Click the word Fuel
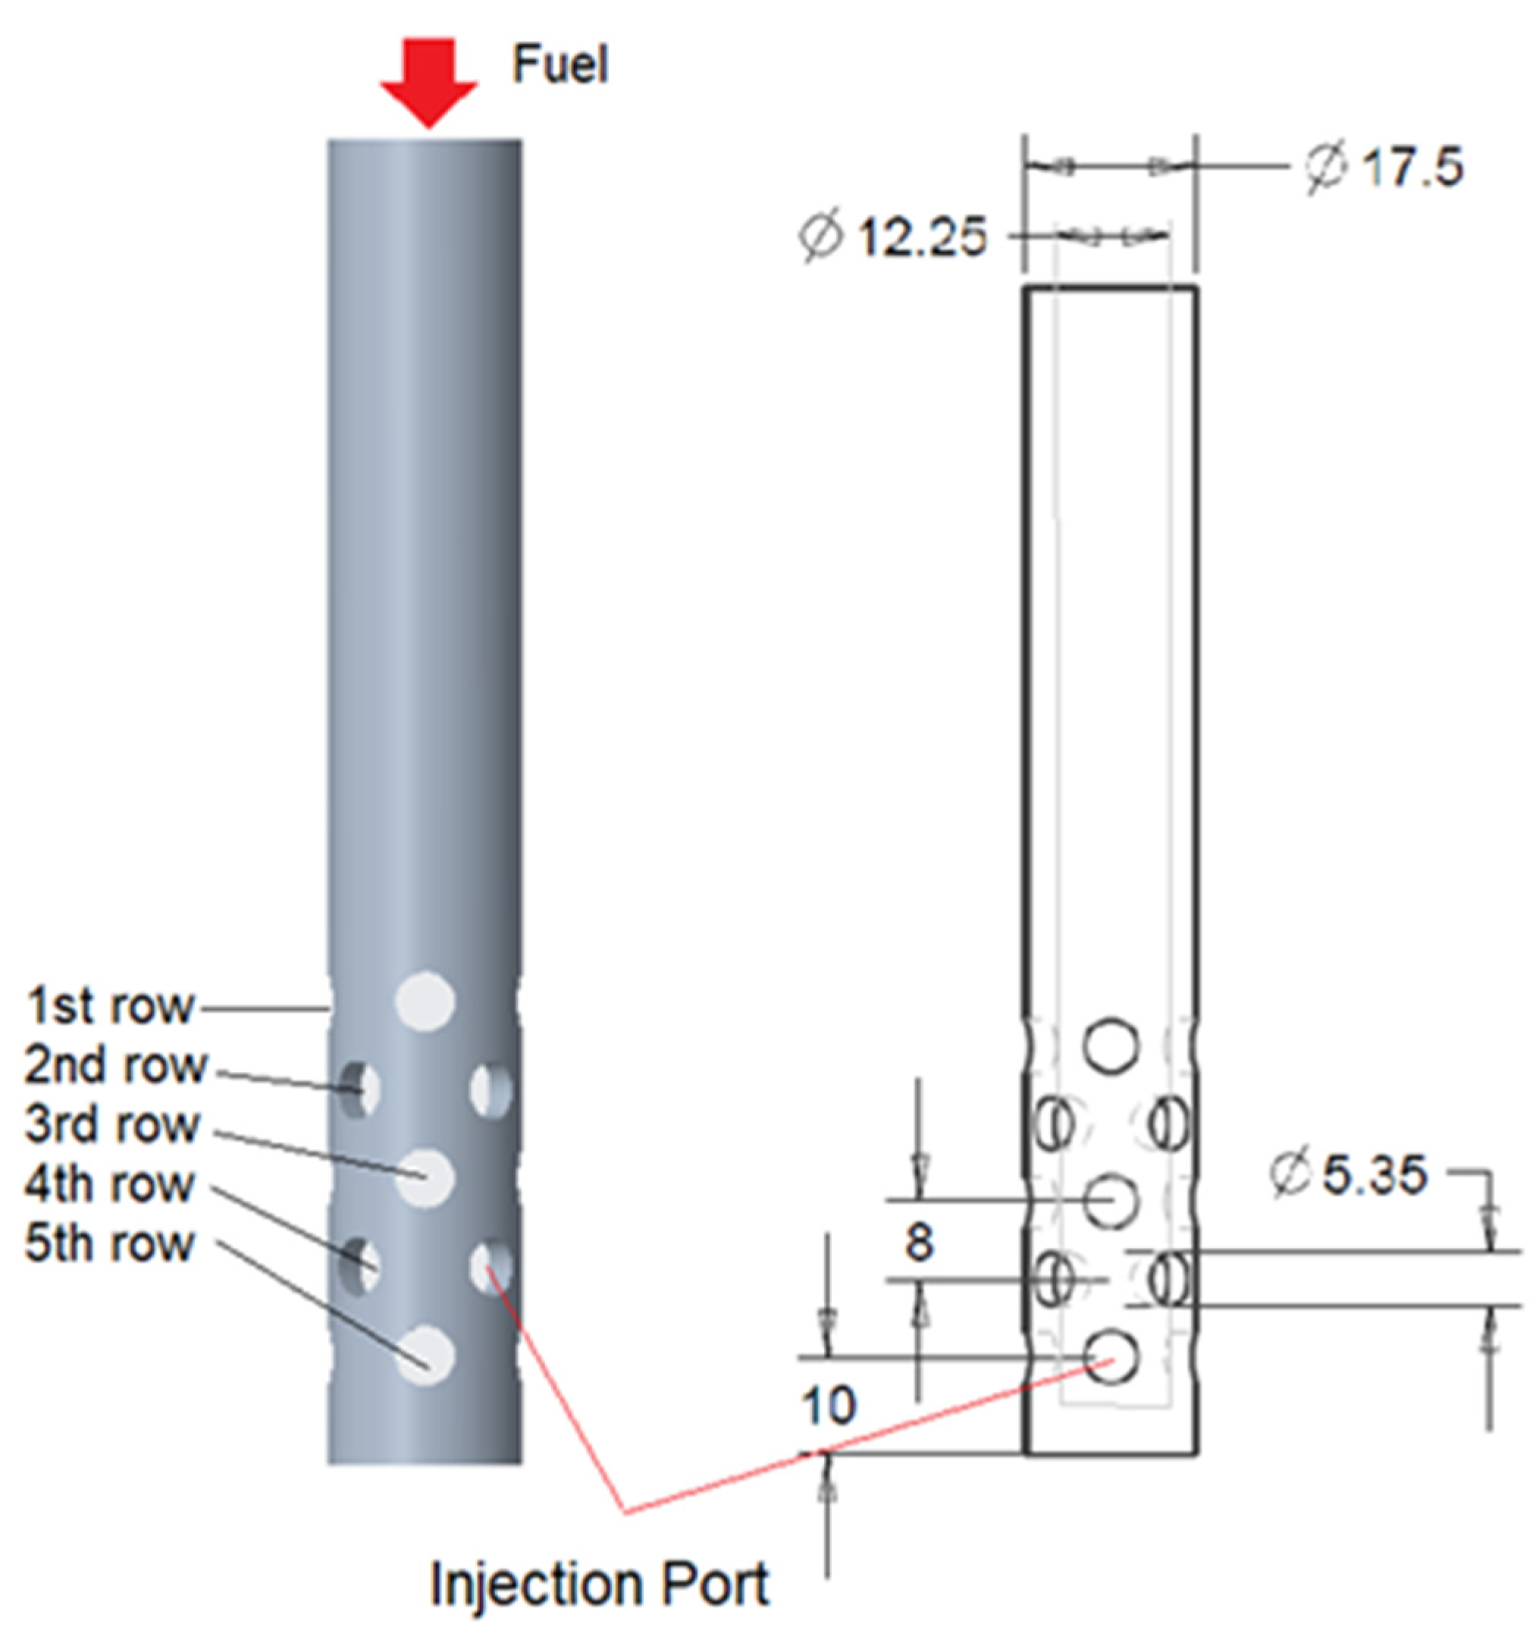click(x=559, y=65)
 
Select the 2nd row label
click(x=116, y=1065)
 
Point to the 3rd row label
click(x=112, y=1124)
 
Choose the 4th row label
click(x=110, y=1184)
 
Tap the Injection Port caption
click(x=600, y=1584)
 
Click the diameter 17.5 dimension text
click(x=1384, y=168)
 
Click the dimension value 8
click(x=919, y=1242)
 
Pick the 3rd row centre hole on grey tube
click(x=425, y=1178)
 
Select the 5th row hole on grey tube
click(x=425, y=1356)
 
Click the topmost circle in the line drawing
click(x=1111, y=1045)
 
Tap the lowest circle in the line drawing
click(x=1111, y=1358)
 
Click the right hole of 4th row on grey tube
click(x=491, y=1266)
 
